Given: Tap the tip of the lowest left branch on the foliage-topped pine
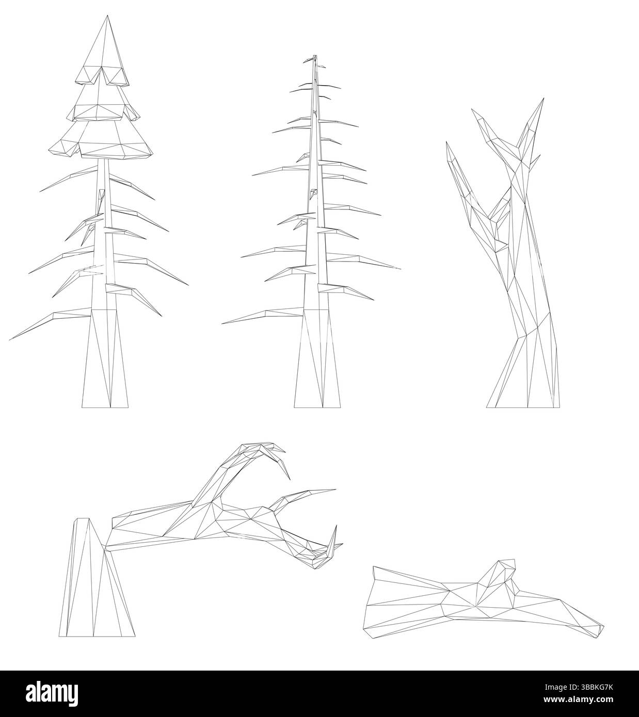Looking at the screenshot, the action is tap(10, 340).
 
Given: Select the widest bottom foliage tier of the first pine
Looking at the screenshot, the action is tap(101, 141).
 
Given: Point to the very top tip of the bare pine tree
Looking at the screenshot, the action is tap(315, 56).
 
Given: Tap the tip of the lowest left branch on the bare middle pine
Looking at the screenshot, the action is tap(222, 323).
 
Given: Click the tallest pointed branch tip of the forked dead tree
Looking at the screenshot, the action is tap(544, 99).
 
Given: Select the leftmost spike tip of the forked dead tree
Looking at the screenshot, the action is tap(447, 142).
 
